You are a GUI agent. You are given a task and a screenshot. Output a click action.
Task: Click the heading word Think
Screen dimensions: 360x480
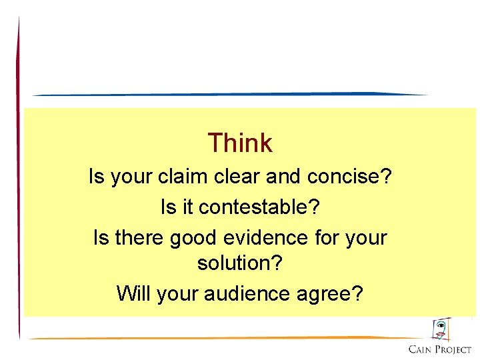click(239, 143)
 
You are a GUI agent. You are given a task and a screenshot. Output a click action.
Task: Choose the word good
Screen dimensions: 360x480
click(194, 238)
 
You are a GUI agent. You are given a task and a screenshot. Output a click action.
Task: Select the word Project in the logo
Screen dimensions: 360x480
click(455, 349)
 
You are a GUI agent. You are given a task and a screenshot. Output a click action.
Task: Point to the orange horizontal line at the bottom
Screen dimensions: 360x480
click(227, 338)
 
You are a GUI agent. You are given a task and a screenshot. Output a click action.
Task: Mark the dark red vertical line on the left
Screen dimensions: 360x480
click(19, 180)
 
